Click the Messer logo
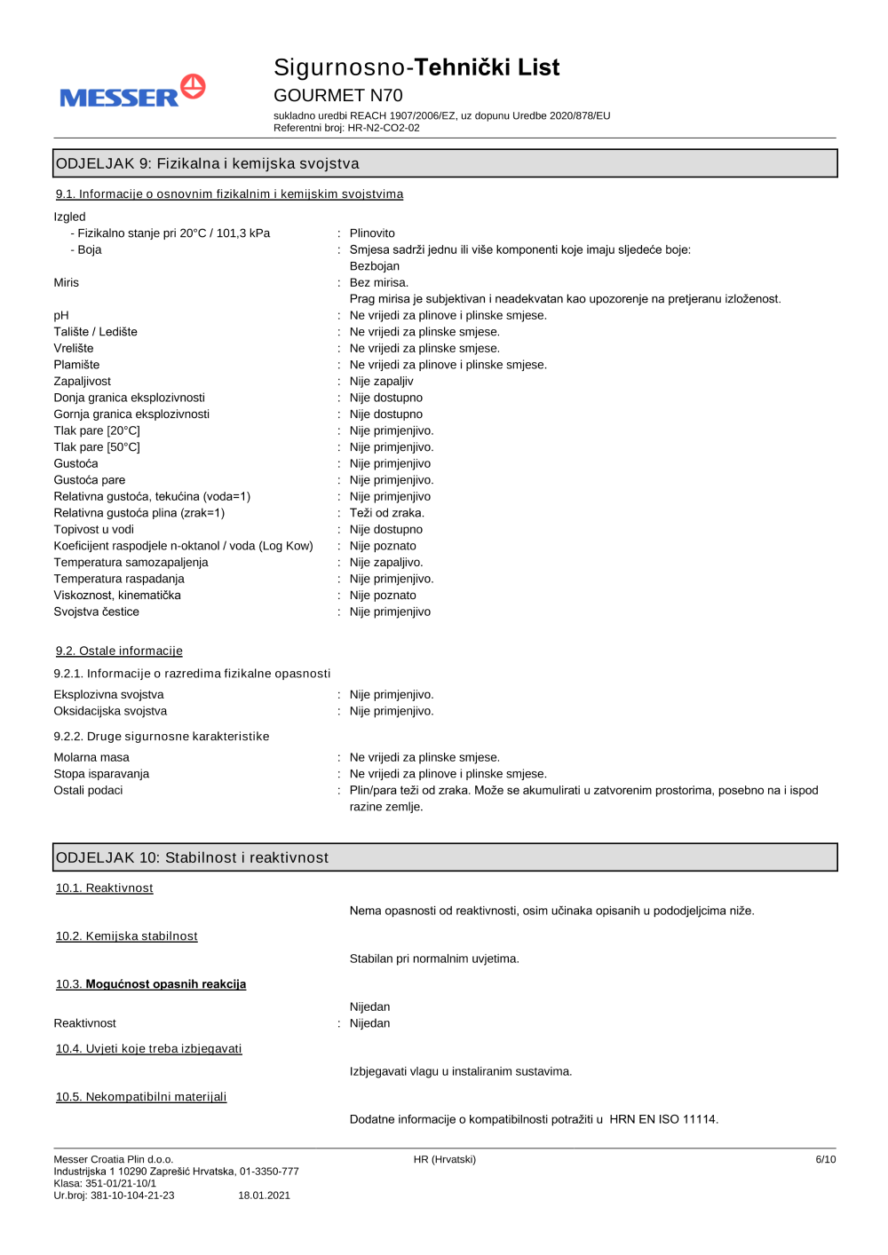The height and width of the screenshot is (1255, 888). click(132, 92)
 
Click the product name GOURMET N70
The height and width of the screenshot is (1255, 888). click(337, 95)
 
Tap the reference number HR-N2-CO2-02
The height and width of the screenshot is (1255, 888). click(384, 128)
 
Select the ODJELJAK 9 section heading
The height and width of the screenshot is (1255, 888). click(208, 163)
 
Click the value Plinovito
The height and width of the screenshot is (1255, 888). click(372, 233)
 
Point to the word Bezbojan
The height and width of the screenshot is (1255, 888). click(374, 266)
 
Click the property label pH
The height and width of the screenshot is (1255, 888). click(61, 316)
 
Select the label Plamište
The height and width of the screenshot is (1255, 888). click(76, 365)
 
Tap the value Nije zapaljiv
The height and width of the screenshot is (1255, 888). click(381, 382)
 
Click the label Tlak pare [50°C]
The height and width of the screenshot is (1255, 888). click(97, 447)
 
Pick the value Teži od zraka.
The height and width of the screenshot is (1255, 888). click(386, 513)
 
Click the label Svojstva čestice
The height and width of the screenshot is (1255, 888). click(96, 612)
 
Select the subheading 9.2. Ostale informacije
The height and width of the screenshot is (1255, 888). click(119, 651)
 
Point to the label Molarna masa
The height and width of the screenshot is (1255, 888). click(91, 757)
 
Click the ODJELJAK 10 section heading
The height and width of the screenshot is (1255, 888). click(192, 857)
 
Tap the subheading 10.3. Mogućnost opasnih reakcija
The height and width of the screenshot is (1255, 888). click(151, 984)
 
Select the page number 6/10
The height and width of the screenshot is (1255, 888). click(825, 1159)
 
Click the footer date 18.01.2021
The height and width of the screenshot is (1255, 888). click(264, 1196)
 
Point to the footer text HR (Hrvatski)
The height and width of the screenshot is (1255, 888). click(444, 1159)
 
